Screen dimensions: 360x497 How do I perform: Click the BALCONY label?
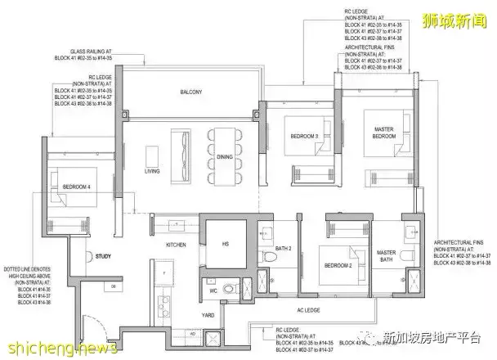[190, 92]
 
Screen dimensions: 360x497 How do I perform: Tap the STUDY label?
[102, 255]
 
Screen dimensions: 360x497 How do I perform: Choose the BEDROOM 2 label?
[338, 266]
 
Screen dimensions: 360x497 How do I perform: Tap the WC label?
[211, 290]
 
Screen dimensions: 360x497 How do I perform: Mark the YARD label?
[208, 314]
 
